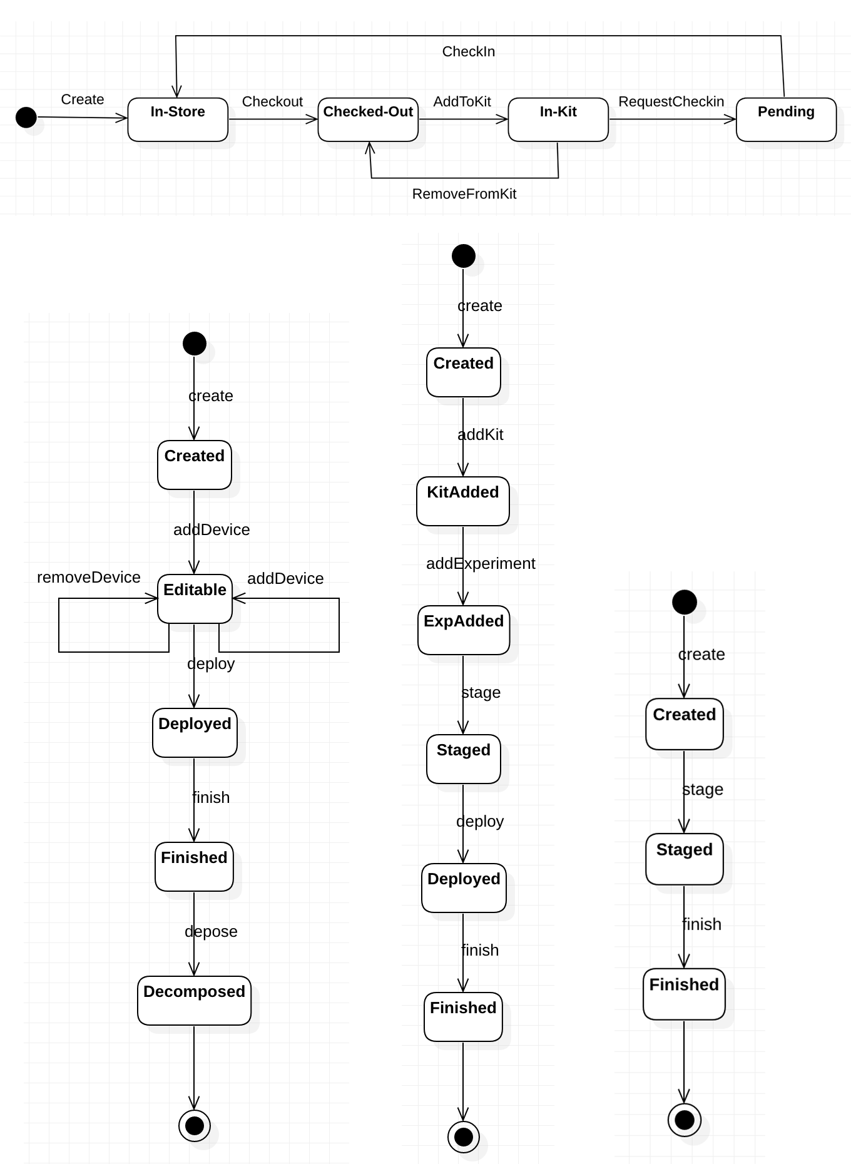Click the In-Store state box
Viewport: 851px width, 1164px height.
[x=178, y=120]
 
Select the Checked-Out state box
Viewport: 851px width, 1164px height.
[x=368, y=120]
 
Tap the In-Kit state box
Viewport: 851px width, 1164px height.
[x=558, y=120]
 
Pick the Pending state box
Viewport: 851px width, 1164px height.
[x=786, y=120]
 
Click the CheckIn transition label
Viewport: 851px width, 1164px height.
[x=469, y=51]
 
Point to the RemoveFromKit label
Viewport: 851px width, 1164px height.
[x=464, y=194]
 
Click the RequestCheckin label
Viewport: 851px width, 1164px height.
[x=671, y=101]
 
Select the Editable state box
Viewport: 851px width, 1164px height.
[x=195, y=599]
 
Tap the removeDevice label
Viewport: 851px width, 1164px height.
[x=89, y=577]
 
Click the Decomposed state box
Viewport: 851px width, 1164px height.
[x=194, y=1001]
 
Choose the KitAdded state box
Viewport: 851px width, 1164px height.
[x=463, y=501]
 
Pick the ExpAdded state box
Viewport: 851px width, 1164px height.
[x=464, y=630]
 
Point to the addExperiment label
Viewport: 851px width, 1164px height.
[x=481, y=563]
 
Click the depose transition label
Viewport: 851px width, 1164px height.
[x=211, y=931]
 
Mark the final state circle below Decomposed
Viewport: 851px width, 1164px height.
[x=195, y=1126]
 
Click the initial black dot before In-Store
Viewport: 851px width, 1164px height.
[x=26, y=117]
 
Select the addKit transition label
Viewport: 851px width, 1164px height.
[x=481, y=434]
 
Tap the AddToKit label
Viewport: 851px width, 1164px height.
[x=462, y=101]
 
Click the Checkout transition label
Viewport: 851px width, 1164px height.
[x=272, y=101]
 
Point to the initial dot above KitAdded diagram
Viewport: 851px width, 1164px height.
[x=464, y=256]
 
